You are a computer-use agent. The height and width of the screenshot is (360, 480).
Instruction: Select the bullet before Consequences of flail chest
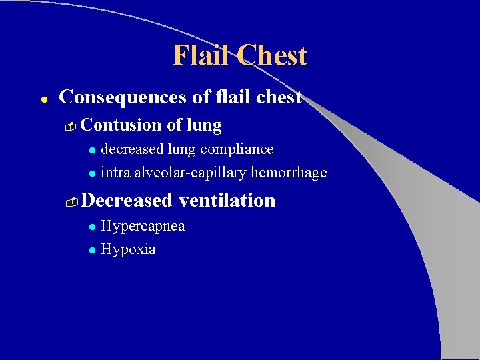point(42,99)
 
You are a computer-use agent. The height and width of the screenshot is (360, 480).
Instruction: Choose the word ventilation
point(227,200)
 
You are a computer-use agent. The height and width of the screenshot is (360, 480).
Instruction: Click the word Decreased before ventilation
point(127,200)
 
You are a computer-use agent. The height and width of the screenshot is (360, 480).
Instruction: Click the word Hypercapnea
point(143,226)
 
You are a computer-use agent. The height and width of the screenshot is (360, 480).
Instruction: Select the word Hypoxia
point(128,250)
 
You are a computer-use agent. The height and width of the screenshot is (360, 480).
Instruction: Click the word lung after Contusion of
point(205,125)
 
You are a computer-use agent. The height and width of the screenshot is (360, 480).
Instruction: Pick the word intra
point(115,173)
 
